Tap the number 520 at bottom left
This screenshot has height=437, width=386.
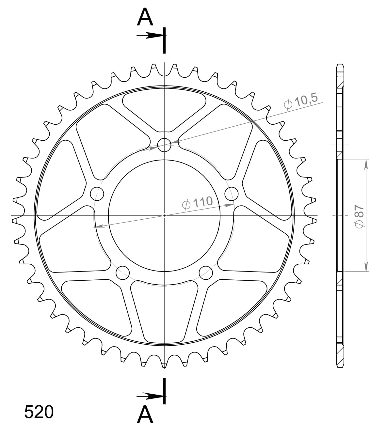(39, 412)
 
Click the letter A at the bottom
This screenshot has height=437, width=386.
(145, 415)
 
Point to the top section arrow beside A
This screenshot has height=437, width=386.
(150, 36)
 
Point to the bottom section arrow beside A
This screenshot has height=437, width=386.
(150, 397)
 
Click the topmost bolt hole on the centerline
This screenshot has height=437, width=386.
(164, 145)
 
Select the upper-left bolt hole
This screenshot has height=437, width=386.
(97, 194)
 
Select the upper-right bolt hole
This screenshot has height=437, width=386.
(232, 194)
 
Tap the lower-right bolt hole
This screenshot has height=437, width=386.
(206, 273)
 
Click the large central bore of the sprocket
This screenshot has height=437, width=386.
(164, 216)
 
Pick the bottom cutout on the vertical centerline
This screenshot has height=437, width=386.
(164, 310)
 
